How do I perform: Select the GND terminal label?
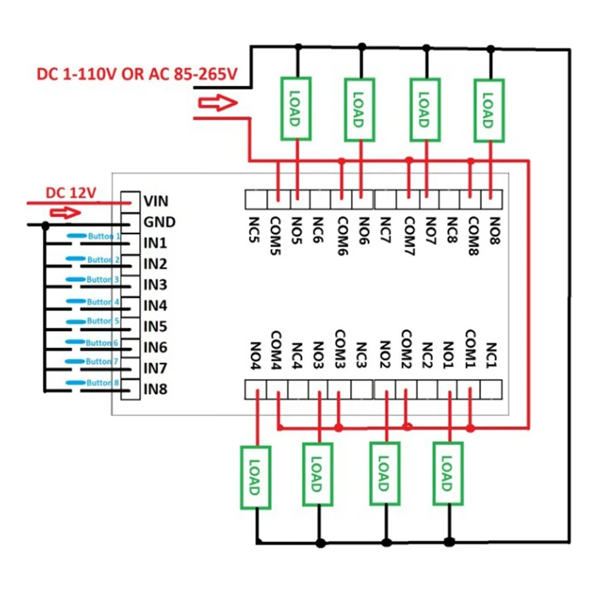point(159,221)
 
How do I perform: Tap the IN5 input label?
point(155,326)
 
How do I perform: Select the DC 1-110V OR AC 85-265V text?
point(137,75)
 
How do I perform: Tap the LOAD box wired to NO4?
point(256,476)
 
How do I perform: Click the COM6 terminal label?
point(342,231)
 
